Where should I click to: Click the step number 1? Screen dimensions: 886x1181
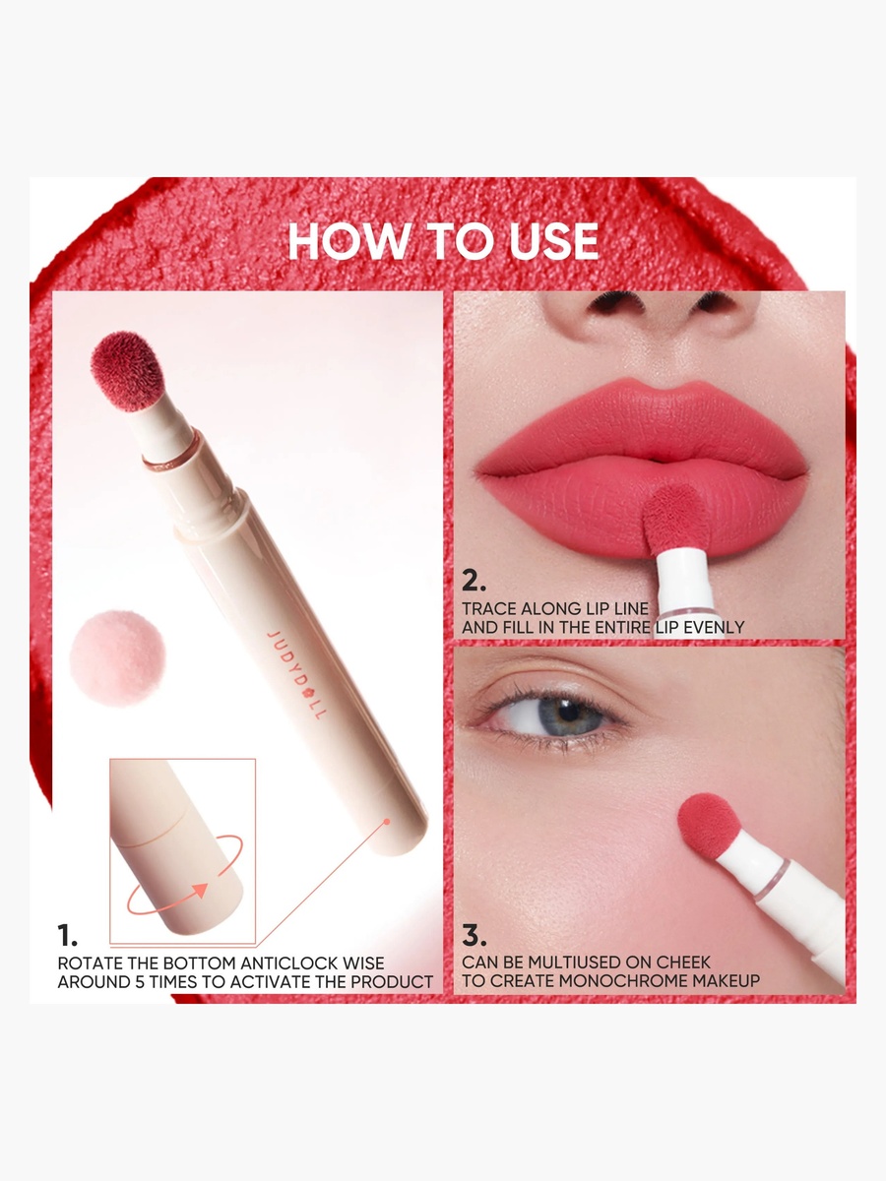click(67, 936)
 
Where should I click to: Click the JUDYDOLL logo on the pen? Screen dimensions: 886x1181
click(296, 675)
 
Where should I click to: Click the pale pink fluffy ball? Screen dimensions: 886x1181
click(117, 657)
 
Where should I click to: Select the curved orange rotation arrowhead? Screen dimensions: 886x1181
click(199, 890)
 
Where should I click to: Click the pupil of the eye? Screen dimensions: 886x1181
click(569, 712)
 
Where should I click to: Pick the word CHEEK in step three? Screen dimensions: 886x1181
click(683, 962)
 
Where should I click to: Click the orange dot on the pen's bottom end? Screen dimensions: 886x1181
click(386, 822)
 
